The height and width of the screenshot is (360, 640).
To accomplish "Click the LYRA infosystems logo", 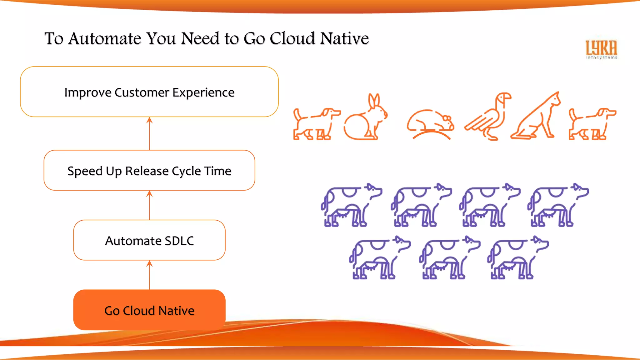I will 601,49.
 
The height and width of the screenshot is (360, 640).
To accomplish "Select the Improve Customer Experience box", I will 149,92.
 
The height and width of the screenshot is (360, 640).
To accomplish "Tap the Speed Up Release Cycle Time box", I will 149,170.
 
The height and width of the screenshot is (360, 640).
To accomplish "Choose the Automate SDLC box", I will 149,240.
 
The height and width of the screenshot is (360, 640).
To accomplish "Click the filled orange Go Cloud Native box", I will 149,310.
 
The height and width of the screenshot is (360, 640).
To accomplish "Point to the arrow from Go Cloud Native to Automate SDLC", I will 149,275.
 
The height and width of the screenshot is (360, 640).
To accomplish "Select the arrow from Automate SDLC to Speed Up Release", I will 149,205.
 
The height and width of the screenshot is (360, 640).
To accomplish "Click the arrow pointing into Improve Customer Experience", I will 149,133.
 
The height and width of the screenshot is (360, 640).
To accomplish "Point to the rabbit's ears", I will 374,101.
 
